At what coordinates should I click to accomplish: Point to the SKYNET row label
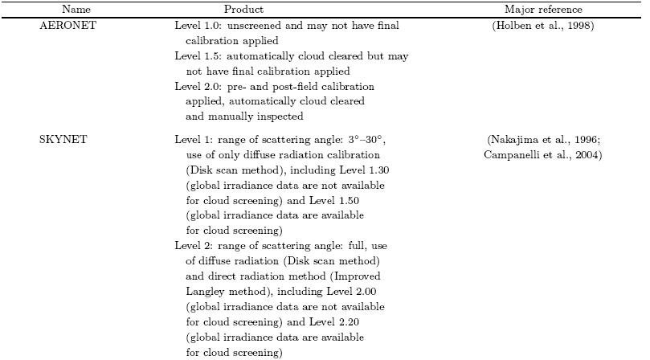[x=59, y=140]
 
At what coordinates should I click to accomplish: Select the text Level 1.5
[x=195, y=56]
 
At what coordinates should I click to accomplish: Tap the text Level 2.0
[x=195, y=86]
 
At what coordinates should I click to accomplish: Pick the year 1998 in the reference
[x=586, y=26]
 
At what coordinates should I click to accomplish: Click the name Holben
[x=531, y=26]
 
